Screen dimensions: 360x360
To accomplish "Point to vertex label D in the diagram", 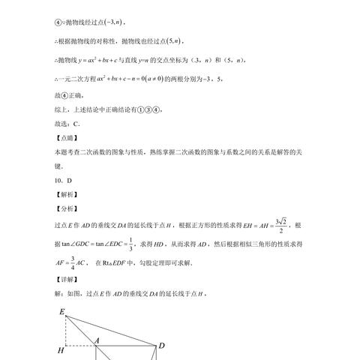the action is pos(160,346).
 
